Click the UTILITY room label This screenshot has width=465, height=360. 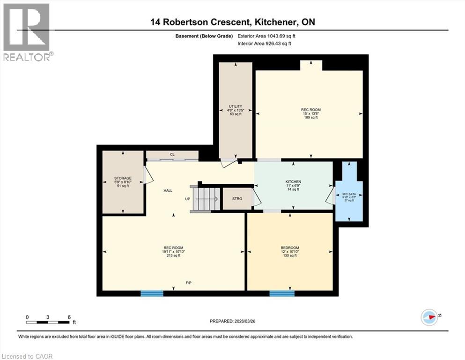point(236,106)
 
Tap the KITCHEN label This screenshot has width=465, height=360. point(293,181)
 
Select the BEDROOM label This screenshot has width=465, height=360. point(290,248)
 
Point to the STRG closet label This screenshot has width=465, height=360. point(237,199)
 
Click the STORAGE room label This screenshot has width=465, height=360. point(123,178)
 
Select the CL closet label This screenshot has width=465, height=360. point(172,154)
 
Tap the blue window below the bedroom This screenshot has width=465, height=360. point(282,293)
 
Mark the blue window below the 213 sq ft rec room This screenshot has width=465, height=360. point(152,293)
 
